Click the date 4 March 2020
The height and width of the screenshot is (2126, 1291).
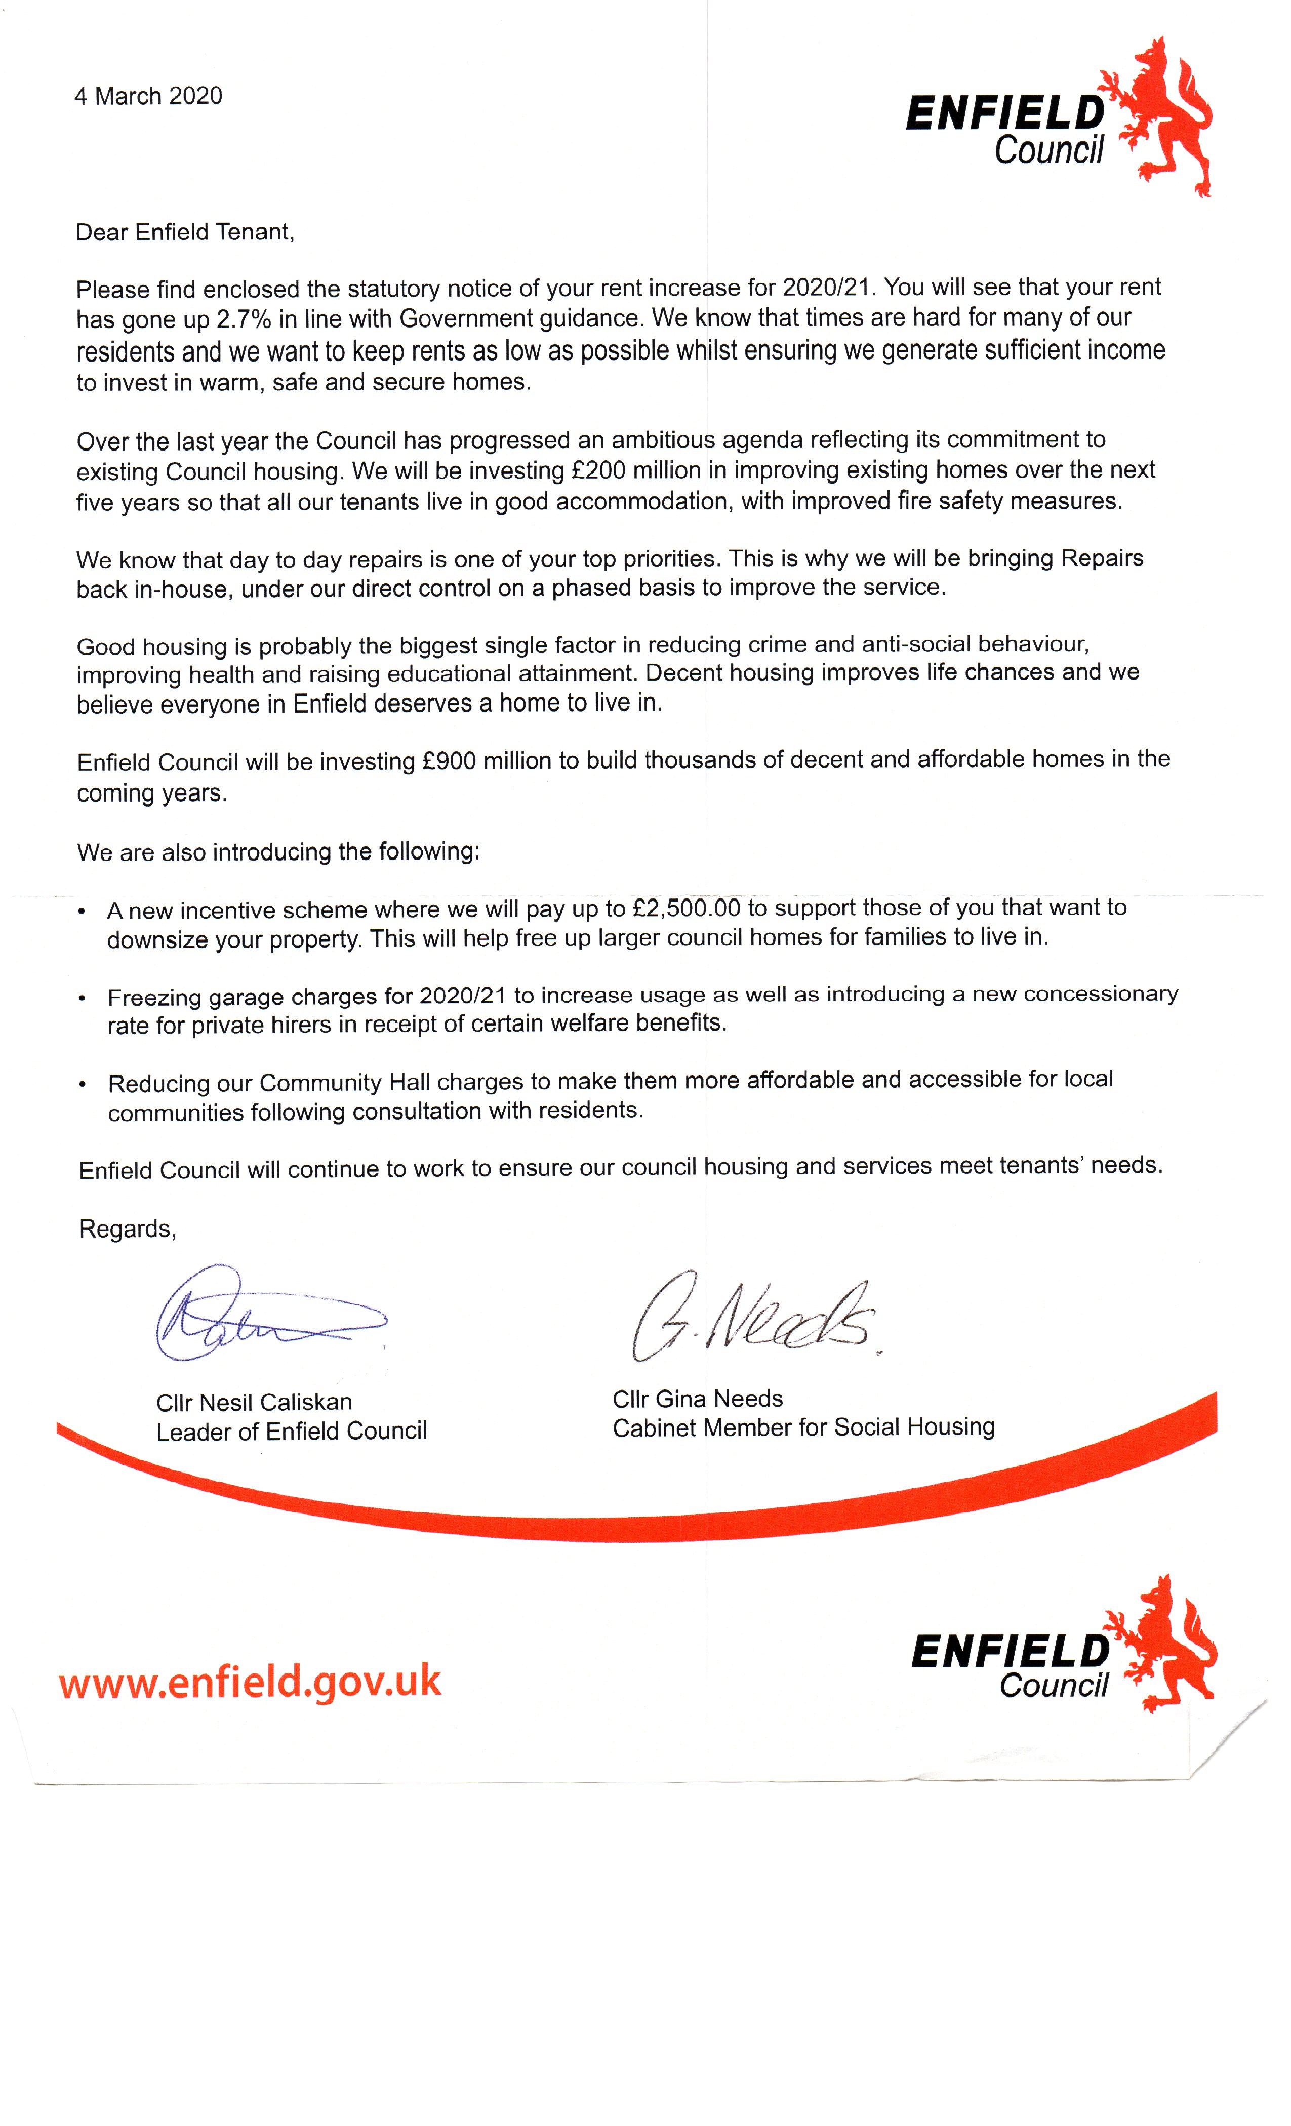click(148, 96)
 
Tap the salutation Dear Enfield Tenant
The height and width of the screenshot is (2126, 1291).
click(185, 232)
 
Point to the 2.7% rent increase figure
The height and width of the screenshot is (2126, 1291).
click(244, 319)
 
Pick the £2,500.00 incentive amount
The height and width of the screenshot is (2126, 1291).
click(686, 908)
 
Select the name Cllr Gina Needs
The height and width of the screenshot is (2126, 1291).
click(697, 1399)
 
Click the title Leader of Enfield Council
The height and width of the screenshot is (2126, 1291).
click(292, 1432)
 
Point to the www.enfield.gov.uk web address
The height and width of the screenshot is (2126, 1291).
click(250, 1682)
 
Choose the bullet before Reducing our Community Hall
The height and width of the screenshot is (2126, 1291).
click(82, 1085)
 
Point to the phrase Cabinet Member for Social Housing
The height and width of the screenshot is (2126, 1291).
click(803, 1428)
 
